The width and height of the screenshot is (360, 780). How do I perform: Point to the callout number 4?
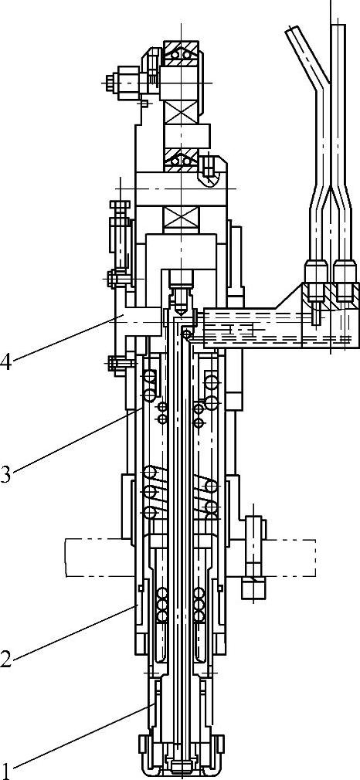point(5,360)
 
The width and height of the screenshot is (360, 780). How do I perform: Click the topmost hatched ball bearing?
point(182,54)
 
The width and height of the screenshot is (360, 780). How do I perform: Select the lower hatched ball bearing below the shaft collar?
point(182,160)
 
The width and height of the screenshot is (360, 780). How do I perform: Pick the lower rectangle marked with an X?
point(182,217)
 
